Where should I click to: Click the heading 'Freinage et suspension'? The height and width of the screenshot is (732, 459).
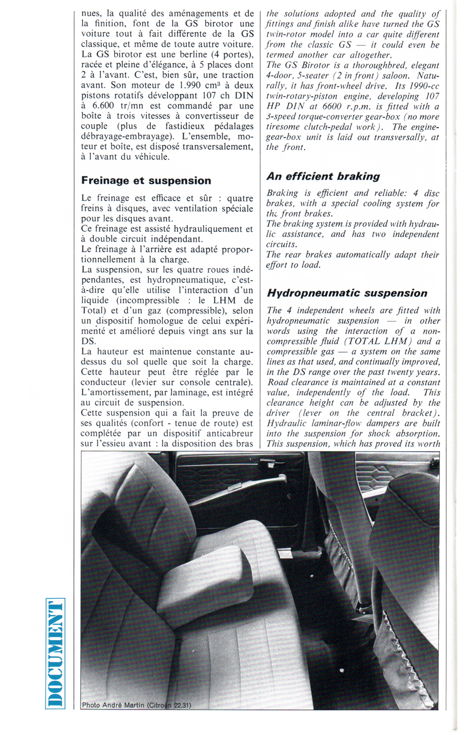click(146, 180)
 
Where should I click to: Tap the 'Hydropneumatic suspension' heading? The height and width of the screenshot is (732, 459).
click(347, 293)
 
